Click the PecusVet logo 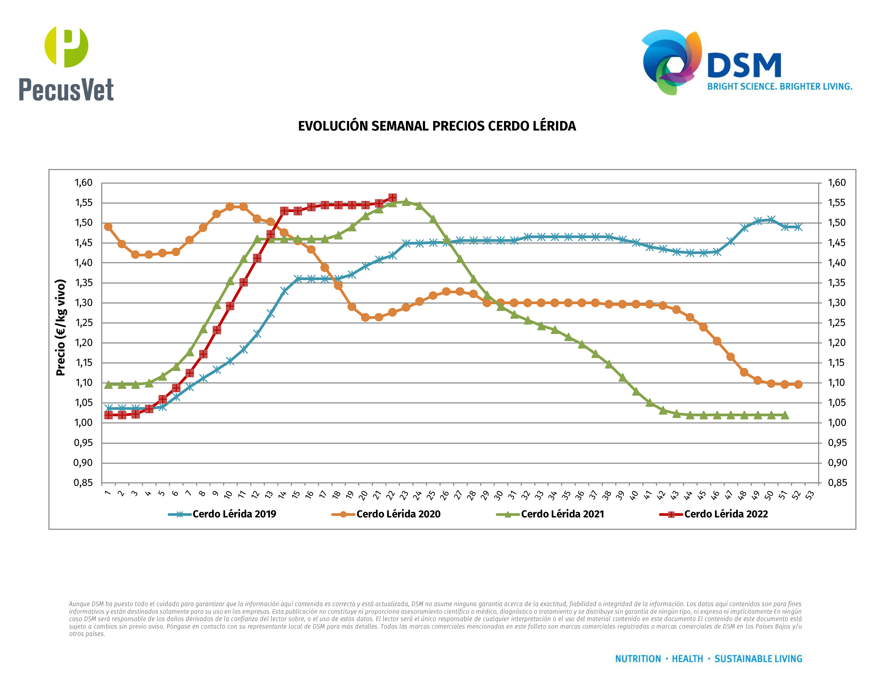tap(66, 63)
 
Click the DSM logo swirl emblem tap(671, 61)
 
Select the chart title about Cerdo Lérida tap(437, 126)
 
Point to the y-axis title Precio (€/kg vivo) tap(61, 328)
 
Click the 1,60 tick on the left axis tap(83, 183)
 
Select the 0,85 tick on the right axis tap(837, 483)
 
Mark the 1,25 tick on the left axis tap(83, 322)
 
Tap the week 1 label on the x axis tap(108, 493)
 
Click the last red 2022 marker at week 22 tap(392, 198)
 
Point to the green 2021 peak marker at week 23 tap(406, 202)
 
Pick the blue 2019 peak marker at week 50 tap(771, 220)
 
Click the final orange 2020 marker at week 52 tap(798, 384)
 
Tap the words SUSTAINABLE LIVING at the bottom tap(758, 659)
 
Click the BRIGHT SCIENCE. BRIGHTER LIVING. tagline tap(780, 87)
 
